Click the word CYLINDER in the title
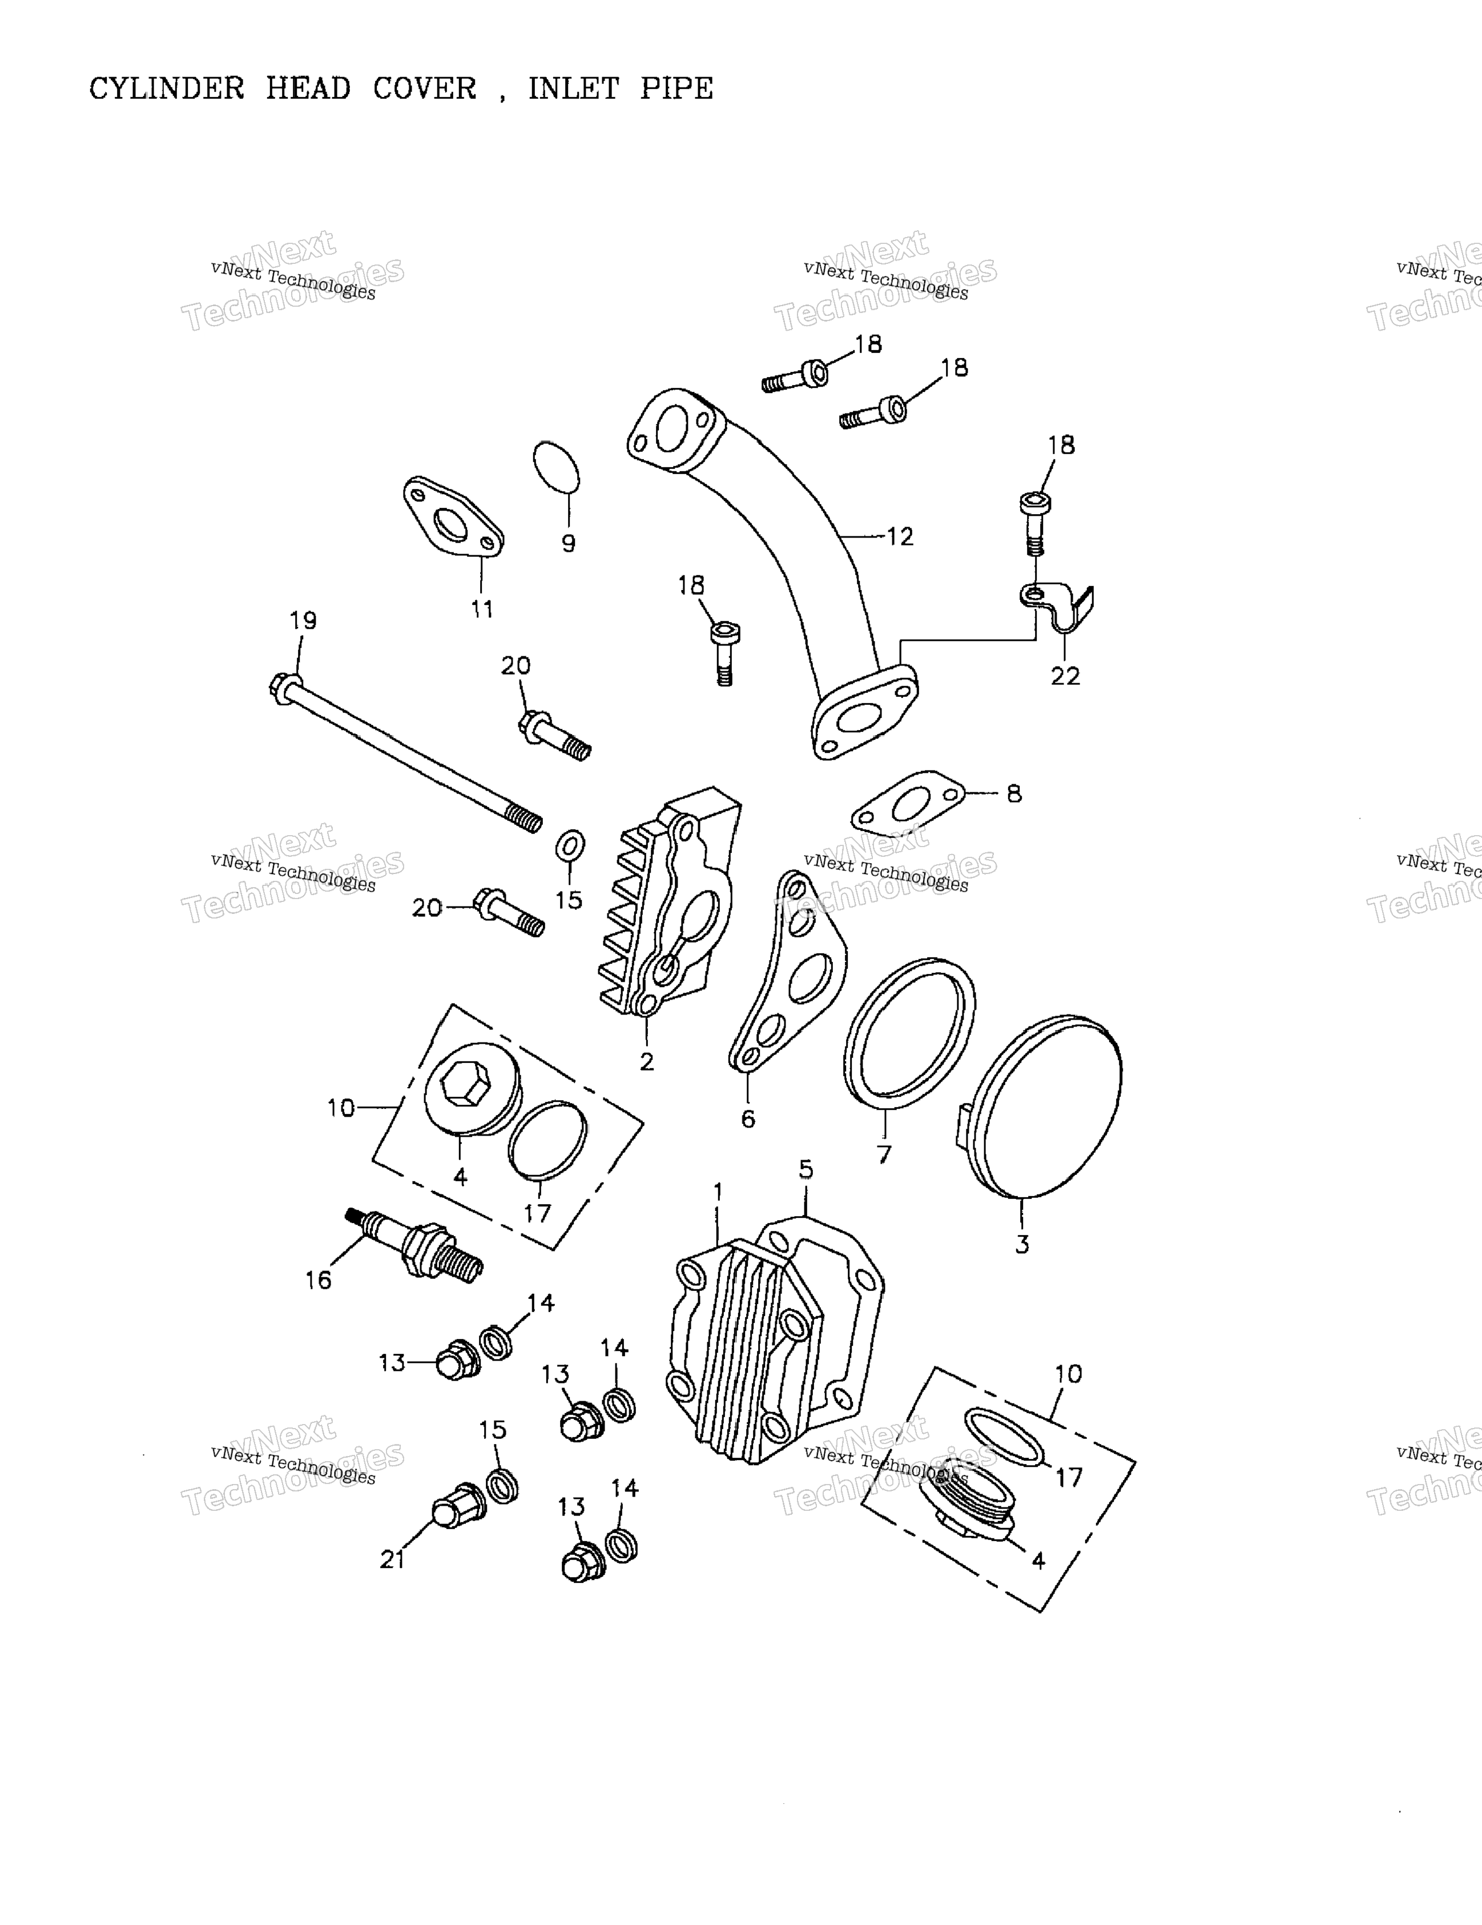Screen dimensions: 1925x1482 (x=167, y=89)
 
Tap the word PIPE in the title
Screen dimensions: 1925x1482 (x=676, y=89)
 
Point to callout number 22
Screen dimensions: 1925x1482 (x=1064, y=676)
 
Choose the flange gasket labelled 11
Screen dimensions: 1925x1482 (x=453, y=518)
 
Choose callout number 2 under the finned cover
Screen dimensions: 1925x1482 (x=647, y=1061)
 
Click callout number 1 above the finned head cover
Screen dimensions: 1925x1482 (x=718, y=1191)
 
